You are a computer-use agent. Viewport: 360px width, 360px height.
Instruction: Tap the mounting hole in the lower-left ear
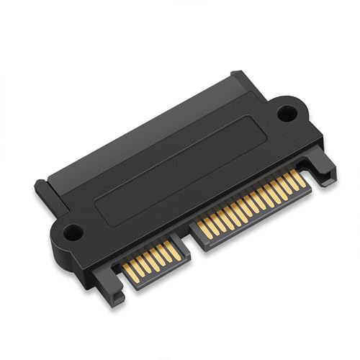pos(71,232)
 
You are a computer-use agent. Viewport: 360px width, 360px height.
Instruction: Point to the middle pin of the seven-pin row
pos(151,260)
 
